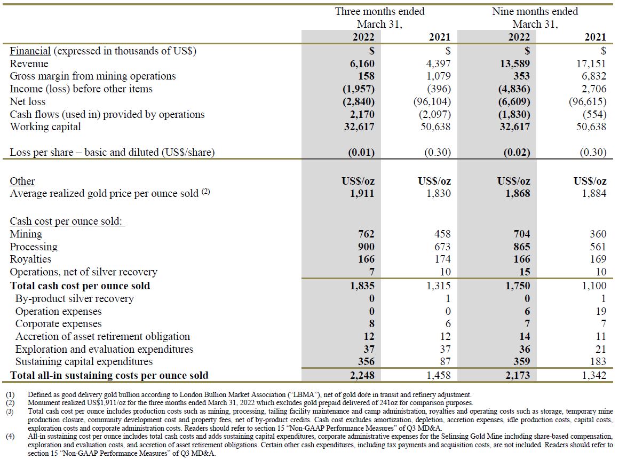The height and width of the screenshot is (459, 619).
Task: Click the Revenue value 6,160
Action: click(x=362, y=64)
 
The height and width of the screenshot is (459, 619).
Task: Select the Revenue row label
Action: click(x=29, y=64)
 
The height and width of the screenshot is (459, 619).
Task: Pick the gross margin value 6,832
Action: click(x=591, y=76)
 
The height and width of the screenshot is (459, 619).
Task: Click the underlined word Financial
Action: click(x=30, y=51)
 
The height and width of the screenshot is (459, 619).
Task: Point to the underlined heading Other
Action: click(x=22, y=181)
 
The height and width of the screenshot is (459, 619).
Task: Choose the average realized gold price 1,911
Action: click(x=362, y=193)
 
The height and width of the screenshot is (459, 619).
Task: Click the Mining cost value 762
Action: click(x=366, y=234)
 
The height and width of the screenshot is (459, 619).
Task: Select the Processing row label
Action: click(x=34, y=247)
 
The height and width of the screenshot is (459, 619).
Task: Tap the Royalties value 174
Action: click(x=442, y=259)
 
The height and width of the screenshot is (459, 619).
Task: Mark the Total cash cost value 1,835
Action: click(x=362, y=286)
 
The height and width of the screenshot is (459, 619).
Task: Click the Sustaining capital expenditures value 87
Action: click(x=445, y=361)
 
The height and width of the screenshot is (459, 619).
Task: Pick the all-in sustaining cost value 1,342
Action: click(x=594, y=375)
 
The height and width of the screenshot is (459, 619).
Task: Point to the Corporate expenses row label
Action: click(x=58, y=324)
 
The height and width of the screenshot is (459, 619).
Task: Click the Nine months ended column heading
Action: click(x=535, y=11)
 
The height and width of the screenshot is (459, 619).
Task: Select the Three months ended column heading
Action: click(x=380, y=11)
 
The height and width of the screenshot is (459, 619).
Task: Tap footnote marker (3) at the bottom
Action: click(x=10, y=411)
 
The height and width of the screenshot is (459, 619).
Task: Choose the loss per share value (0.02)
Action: click(x=517, y=153)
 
